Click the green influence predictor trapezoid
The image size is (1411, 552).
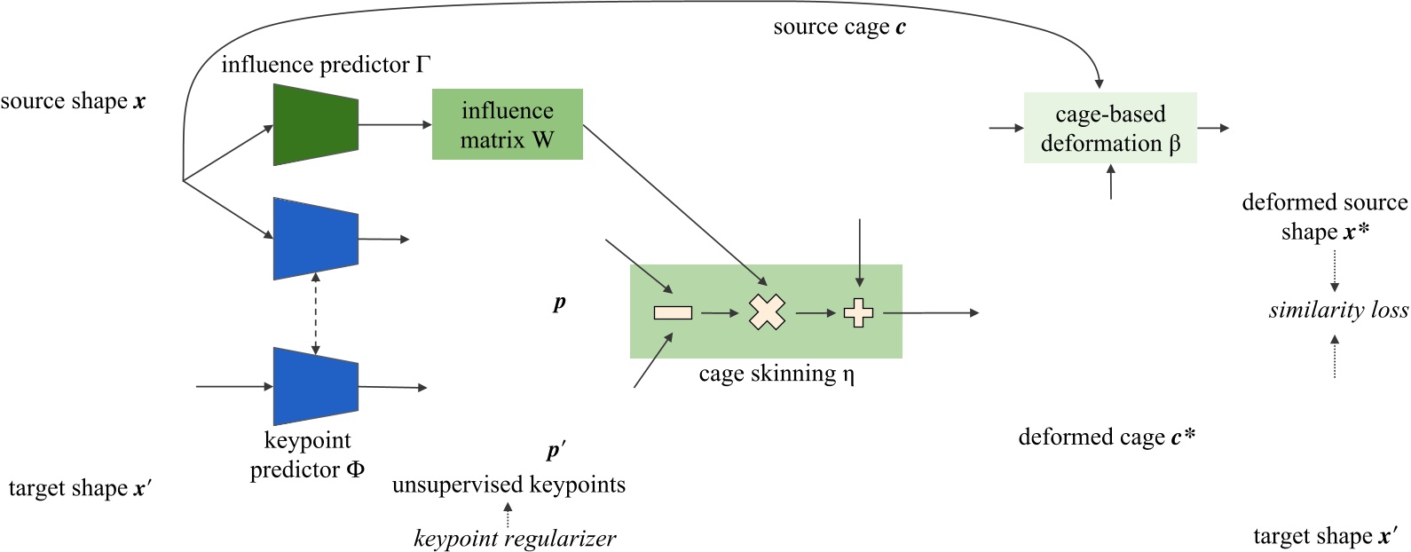(x=316, y=124)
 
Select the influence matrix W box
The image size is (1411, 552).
(x=507, y=124)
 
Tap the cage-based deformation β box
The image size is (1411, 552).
(x=1109, y=128)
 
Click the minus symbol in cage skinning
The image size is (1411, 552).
(x=673, y=312)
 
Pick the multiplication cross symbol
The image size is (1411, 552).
(x=767, y=312)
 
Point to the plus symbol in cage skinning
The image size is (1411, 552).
(x=858, y=312)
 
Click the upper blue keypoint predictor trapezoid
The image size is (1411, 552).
(x=316, y=239)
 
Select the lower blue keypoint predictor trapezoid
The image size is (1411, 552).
(x=316, y=386)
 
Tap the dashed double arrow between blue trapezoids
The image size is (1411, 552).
(x=316, y=313)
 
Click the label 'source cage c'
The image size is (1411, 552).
(x=839, y=28)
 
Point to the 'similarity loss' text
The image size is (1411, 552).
(x=1337, y=310)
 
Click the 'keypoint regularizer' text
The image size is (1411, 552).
(x=515, y=538)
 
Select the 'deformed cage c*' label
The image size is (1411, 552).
(x=1107, y=437)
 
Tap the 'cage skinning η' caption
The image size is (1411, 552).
(x=776, y=374)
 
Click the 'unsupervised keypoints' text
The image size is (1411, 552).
(x=508, y=485)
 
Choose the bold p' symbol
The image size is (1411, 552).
(x=556, y=450)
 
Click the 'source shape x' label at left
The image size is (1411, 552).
(x=73, y=101)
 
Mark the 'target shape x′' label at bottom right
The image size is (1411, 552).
(x=1325, y=536)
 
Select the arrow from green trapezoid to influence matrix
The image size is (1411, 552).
(x=395, y=124)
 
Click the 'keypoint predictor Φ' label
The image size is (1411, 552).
(x=307, y=454)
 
